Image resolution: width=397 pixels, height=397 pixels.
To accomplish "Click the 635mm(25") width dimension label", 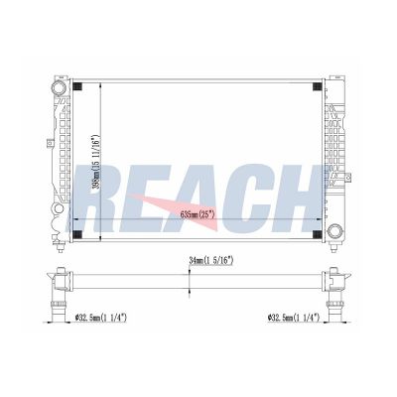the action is (198, 215).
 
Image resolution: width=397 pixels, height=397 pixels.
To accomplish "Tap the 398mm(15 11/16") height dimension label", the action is (95, 162).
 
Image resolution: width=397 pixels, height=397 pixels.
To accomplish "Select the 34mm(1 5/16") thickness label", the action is (211, 261).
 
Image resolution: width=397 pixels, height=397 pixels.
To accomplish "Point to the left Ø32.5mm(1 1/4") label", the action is (101, 318).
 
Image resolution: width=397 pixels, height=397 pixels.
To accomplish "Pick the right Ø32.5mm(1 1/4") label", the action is (294, 318).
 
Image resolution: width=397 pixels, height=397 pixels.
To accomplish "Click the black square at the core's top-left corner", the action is (77, 85).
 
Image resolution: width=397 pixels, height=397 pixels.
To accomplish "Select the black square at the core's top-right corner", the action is (317, 85).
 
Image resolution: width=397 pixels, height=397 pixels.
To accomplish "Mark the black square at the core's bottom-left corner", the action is (77, 234).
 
